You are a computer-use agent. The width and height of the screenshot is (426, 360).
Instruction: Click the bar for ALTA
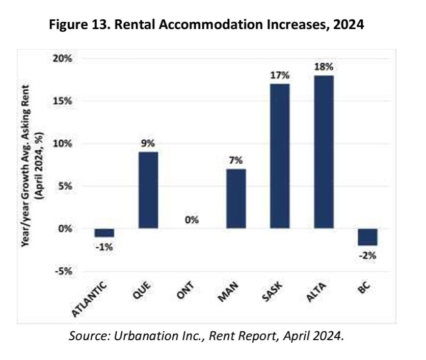pos(324,151)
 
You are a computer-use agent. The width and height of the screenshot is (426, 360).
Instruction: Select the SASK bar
pos(280,156)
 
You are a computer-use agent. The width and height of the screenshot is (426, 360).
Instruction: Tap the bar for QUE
pos(148,190)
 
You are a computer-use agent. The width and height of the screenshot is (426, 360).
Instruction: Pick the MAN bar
pos(236,198)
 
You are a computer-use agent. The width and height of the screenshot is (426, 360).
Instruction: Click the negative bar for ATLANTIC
pos(104,233)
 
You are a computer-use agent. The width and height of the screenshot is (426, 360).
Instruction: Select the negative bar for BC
pos(367,237)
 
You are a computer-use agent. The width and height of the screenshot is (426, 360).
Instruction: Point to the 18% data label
pos(324,67)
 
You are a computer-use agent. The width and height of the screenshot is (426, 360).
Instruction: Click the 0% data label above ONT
pos(192,220)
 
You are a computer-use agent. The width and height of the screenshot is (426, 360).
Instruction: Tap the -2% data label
pos(367,255)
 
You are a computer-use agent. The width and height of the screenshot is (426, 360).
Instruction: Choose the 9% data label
pos(148,143)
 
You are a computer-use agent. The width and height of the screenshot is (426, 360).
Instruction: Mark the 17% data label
pos(280,75)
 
